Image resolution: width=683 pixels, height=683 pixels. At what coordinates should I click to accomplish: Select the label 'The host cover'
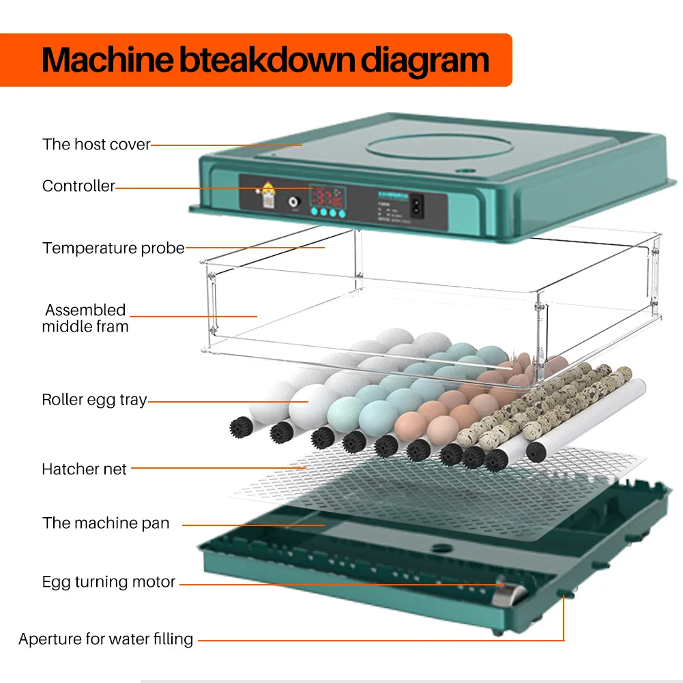(x=96, y=144)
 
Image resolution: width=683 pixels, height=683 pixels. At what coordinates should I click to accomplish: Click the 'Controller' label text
(x=78, y=186)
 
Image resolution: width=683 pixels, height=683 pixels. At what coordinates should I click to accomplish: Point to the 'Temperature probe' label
(x=113, y=248)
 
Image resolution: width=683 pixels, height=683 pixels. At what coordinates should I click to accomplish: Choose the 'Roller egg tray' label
(x=94, y=400)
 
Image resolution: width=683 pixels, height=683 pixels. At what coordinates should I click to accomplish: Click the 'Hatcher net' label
(x=84, y=469)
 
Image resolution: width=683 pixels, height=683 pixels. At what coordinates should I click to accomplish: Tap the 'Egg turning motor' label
(x=108, y=582)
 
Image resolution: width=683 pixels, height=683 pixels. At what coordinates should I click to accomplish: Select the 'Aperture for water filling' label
(x=106, y=639)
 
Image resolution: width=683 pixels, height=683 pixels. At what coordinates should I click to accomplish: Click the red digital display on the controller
(x=328, y=197)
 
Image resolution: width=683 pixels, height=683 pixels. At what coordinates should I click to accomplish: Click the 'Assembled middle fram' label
(x=85, y=318)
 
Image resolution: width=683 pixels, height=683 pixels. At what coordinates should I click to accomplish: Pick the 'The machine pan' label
(x=106, y=523)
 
